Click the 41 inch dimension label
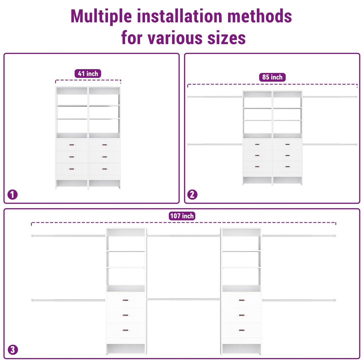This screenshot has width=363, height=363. point(88,73)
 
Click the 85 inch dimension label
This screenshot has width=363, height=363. point(272,77)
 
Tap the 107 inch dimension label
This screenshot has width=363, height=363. point(182,216)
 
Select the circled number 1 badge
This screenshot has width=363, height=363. point(12,195)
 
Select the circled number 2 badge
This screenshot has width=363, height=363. point(192,195)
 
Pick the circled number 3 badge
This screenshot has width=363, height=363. point(13,350)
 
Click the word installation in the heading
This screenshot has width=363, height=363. point(180,16)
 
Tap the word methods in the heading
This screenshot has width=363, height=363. point(260,16)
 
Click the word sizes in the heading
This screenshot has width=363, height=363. point(227,38)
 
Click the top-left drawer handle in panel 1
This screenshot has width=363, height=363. point(71,145)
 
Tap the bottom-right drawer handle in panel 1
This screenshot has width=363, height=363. point(105,169)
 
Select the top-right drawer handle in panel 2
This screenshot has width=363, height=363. point(287,144)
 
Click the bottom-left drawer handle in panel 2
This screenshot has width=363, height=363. point(257,167)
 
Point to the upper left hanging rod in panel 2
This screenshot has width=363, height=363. point(215,97)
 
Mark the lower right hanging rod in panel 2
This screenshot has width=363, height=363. point(330,144)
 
